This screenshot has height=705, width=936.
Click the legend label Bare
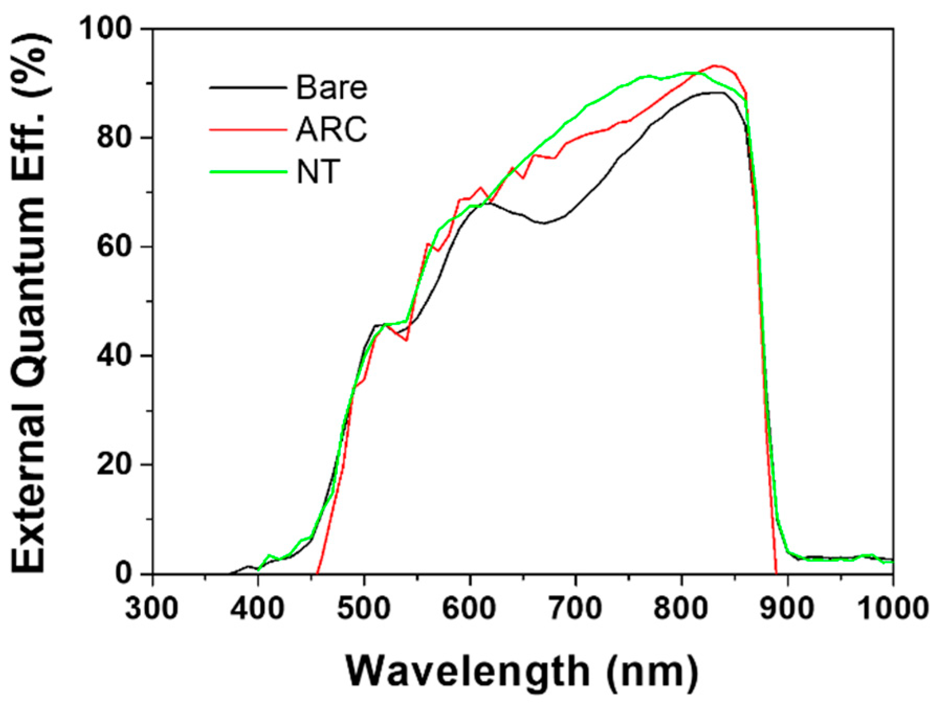click(x=331, y=87)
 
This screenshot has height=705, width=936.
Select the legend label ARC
click(x=331, y=129)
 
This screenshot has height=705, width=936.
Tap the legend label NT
click(x=318, y=172)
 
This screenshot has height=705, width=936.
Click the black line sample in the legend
click(x=248, y=87)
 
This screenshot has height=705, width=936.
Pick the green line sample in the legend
click(x=248, y=172)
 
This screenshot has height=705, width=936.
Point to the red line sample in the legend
click(x=248, y=129)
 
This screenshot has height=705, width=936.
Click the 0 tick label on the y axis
click(x=124, y=573)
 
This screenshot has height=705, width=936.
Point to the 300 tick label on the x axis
click(x=152, y=609)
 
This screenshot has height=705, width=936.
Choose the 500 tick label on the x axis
click(x=363, y=609)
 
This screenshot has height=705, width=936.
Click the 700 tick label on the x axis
click(x=575, y=609)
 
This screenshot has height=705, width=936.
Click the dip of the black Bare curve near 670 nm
click(x=544, y=223)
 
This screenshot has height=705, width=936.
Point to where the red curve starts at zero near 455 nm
click(x=318, y=573)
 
